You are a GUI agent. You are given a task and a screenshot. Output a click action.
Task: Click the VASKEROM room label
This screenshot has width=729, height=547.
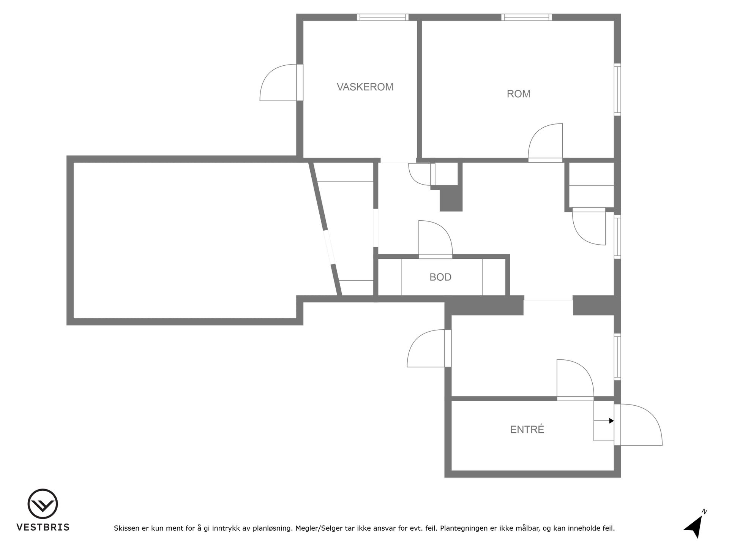365,87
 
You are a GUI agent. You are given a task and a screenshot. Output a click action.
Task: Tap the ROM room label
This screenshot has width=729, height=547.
518,94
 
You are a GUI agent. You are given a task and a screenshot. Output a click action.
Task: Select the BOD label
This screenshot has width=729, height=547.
440,277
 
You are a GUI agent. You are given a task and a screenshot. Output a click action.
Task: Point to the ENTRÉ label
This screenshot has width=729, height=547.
527,429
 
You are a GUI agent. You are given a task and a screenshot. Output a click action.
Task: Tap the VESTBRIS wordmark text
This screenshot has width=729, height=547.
43,527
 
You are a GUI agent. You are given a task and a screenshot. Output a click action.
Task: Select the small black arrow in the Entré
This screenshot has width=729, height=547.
604,421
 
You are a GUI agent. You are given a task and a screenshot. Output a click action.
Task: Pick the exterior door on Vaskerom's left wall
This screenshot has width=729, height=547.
281,82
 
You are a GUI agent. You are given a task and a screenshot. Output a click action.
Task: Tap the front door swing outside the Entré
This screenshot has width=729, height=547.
638,425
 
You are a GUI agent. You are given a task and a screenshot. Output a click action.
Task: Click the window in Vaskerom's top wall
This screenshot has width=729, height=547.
383,17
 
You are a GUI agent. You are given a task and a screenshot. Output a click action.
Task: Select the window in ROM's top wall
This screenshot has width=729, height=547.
527,17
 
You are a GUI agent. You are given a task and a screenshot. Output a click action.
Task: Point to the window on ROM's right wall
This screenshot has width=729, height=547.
618,90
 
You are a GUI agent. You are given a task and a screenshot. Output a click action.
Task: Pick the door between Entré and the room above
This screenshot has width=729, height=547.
575,380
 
